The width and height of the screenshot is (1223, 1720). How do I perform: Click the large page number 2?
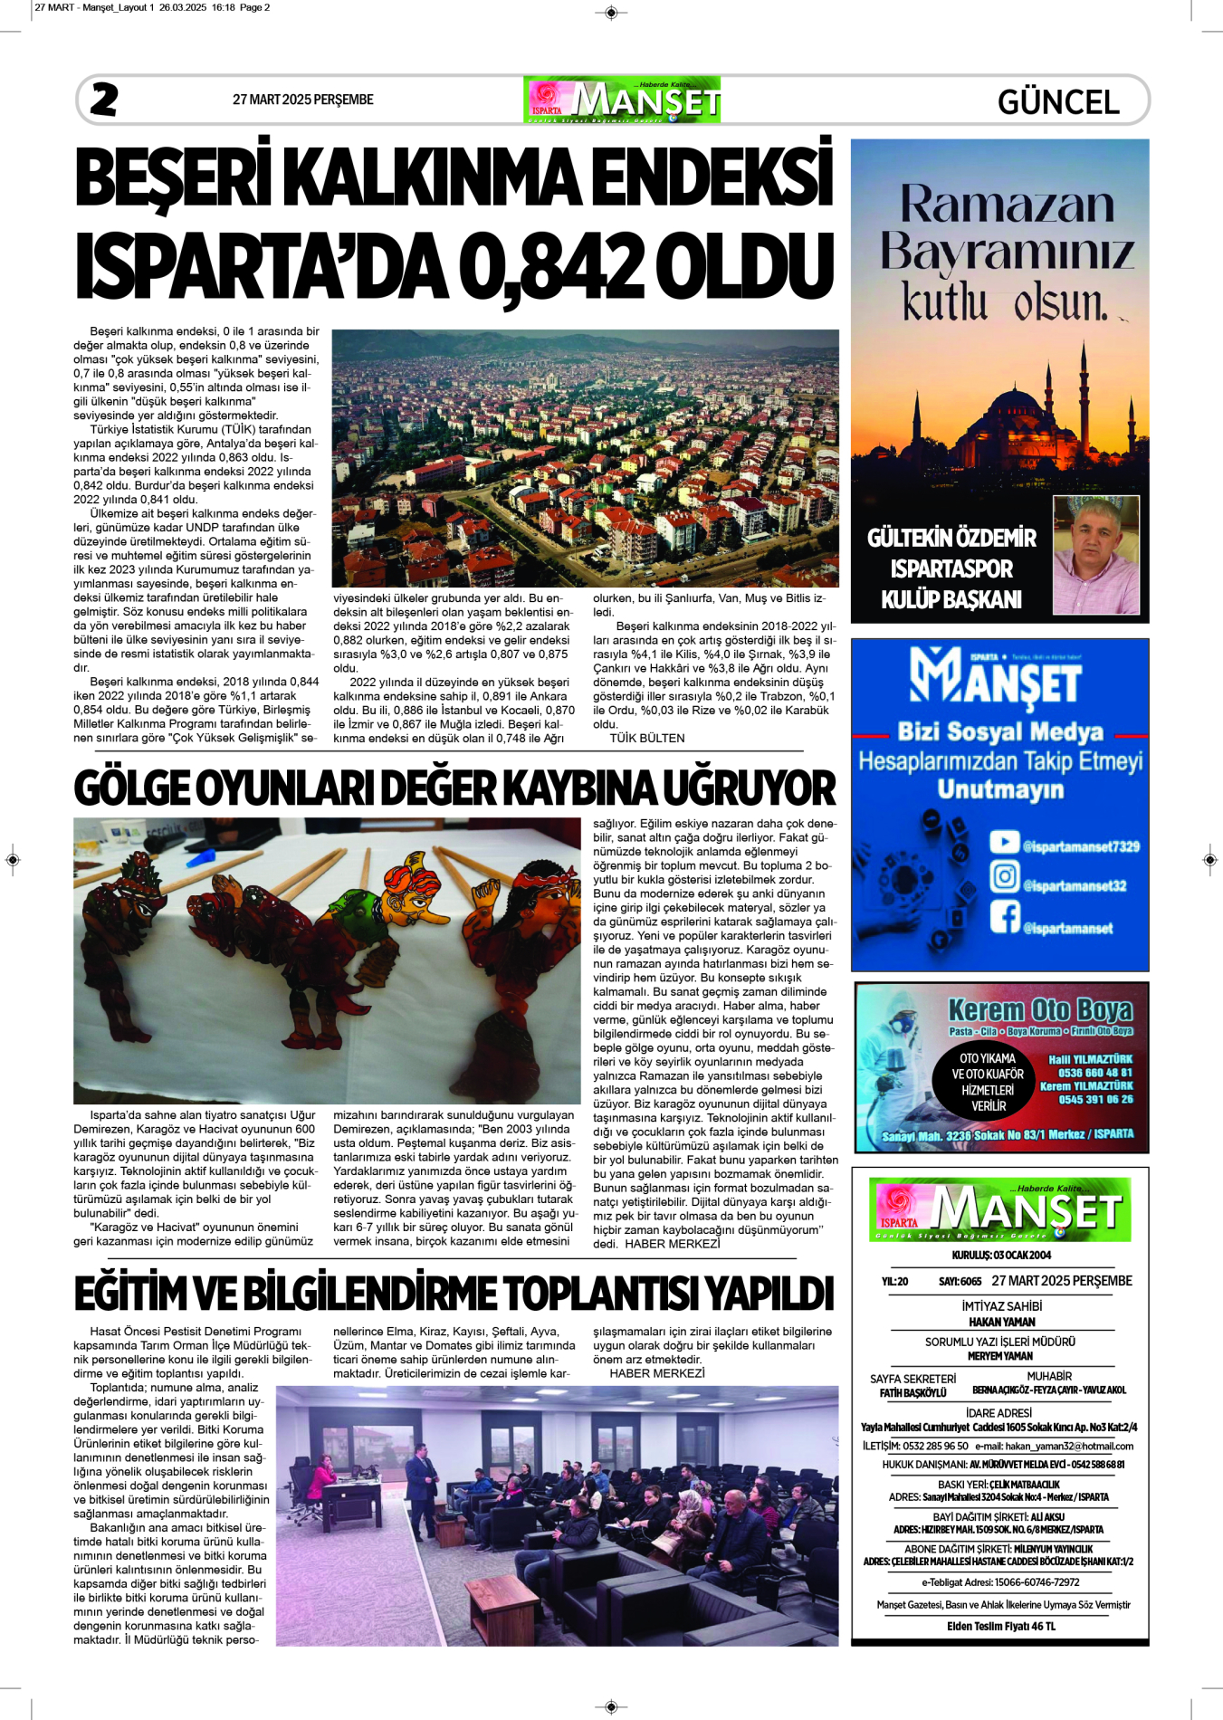pyautogui.click(x=104, y=100)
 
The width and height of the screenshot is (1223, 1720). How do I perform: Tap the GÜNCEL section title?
pyautogui.click(x=1058, y=101)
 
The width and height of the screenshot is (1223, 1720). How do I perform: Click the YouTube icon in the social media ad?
pyautogui.click(x=1004, y=842)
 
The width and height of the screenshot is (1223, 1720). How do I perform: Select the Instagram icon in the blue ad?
pyautogui.click(x=1004, y=876)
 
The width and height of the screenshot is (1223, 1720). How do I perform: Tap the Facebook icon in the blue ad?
pyautogui.click(x=1004, y=916)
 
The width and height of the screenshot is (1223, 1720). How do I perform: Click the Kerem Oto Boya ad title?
pyautogui.click(x=1039, y=1009)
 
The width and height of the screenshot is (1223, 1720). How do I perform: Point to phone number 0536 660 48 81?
pyautogui.click(x=1095, y=1073)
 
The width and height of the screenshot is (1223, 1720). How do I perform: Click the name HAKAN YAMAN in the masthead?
pyautogui.click(x=1001, y=1322)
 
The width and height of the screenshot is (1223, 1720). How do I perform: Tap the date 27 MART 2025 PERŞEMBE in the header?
pyautogui.click(x=302, y=100)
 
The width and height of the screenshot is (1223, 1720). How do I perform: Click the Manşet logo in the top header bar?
pyautogui.click(x=622, y=100)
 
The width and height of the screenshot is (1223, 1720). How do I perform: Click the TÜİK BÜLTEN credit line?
pyautogui.click(x=646, y=738)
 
